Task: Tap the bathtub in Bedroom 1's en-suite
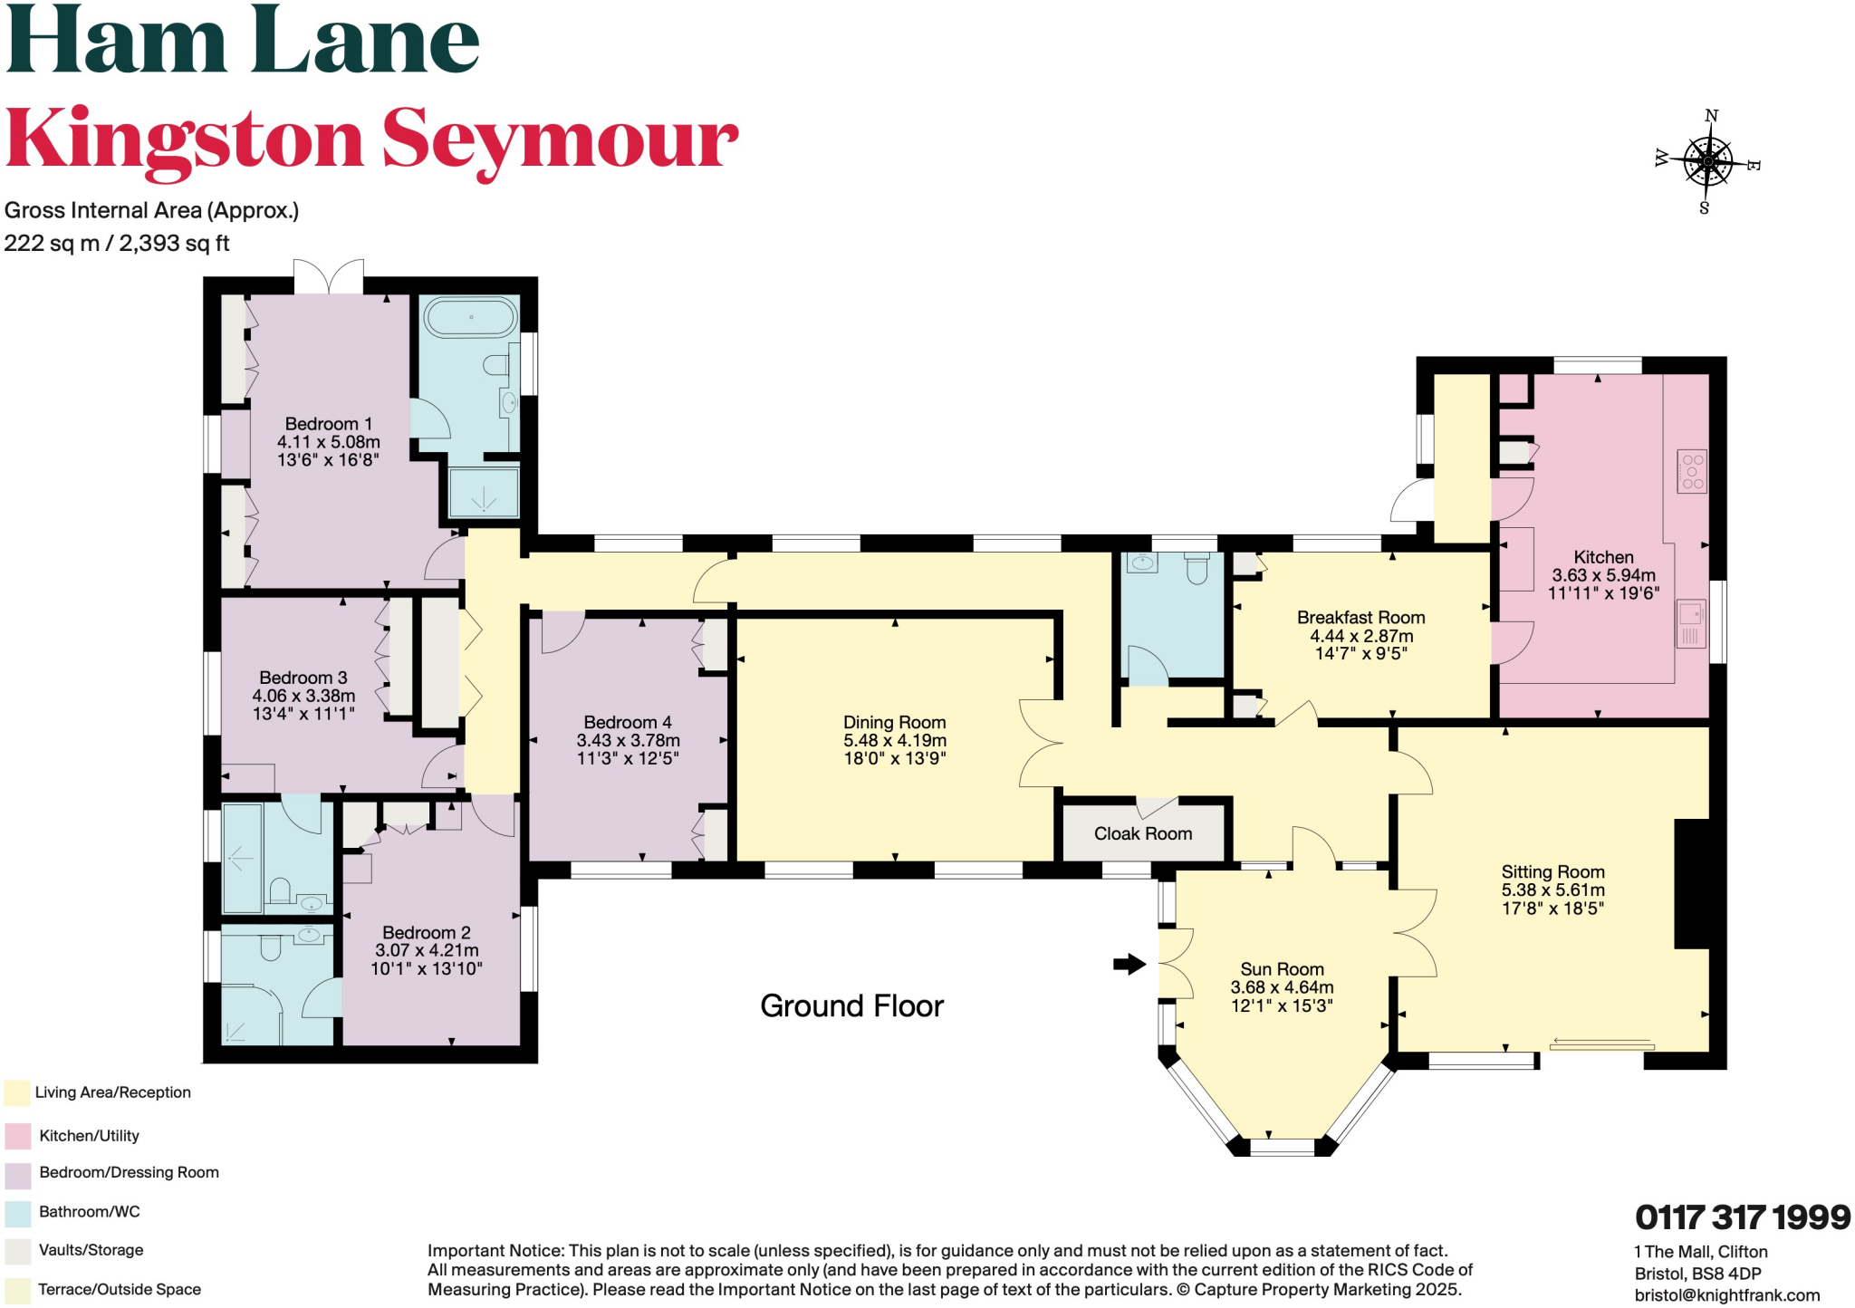pyautogui.click(x=470, y=318)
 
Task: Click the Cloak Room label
pyautogui.click(x=1142, y=833)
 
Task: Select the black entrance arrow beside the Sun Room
pyautogui.click(x=1129, y=964)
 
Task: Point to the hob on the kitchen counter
pyautogui.click(x=1692, y=471)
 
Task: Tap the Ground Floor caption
pyautogui.click(x=851, y=1005)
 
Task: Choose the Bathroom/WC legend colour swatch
pyautogui.click(x=17, y=1212)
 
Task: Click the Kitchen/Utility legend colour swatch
pyautogui.click(x=17, y=1136)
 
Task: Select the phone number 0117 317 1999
pyautogui.click(x=1742, y=1217)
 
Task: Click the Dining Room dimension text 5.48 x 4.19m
pyautogui.click(x=895, y=740)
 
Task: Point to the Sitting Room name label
pyautogui.click(x=1552, y=871)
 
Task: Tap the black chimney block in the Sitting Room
pyautogui.click(x=1691, y=883)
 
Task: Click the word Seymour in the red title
pyautogui.click(x=559, y=140)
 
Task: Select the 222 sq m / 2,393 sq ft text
pyautogui.click(x=117, y=243)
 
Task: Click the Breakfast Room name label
pyautogui.click(x=1360, y=617)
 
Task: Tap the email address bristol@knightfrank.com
pyautogui.click(x=1726, y=1295)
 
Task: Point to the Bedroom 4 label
pyautogui.click(x=627, y=722)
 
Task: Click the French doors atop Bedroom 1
pyautogui.click(x=329, y=276)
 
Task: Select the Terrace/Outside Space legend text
pyautogui.click(x=120, y=1289)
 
